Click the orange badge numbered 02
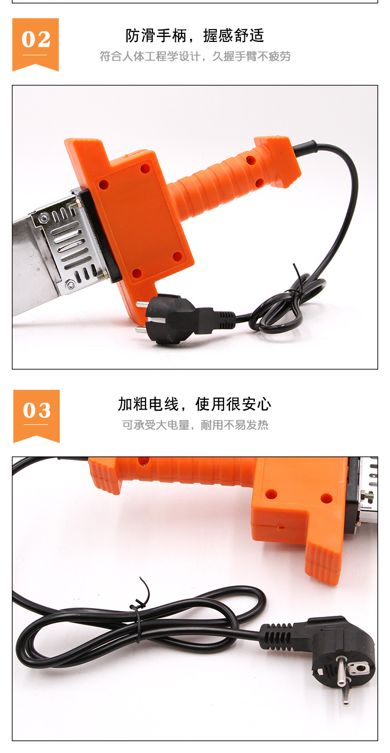(x=36, y=44)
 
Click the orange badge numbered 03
(x=37, y=416)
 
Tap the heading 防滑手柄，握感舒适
(x=195, y=36)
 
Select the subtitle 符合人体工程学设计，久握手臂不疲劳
(x=195, y=56)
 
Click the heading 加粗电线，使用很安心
(x=195, y=404)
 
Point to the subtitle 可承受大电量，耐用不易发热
(x=195, y=425)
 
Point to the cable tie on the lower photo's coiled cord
(x=138, y=615)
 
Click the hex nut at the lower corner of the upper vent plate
(x=70, y=285)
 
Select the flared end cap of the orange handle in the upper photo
(x=278, y=161)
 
